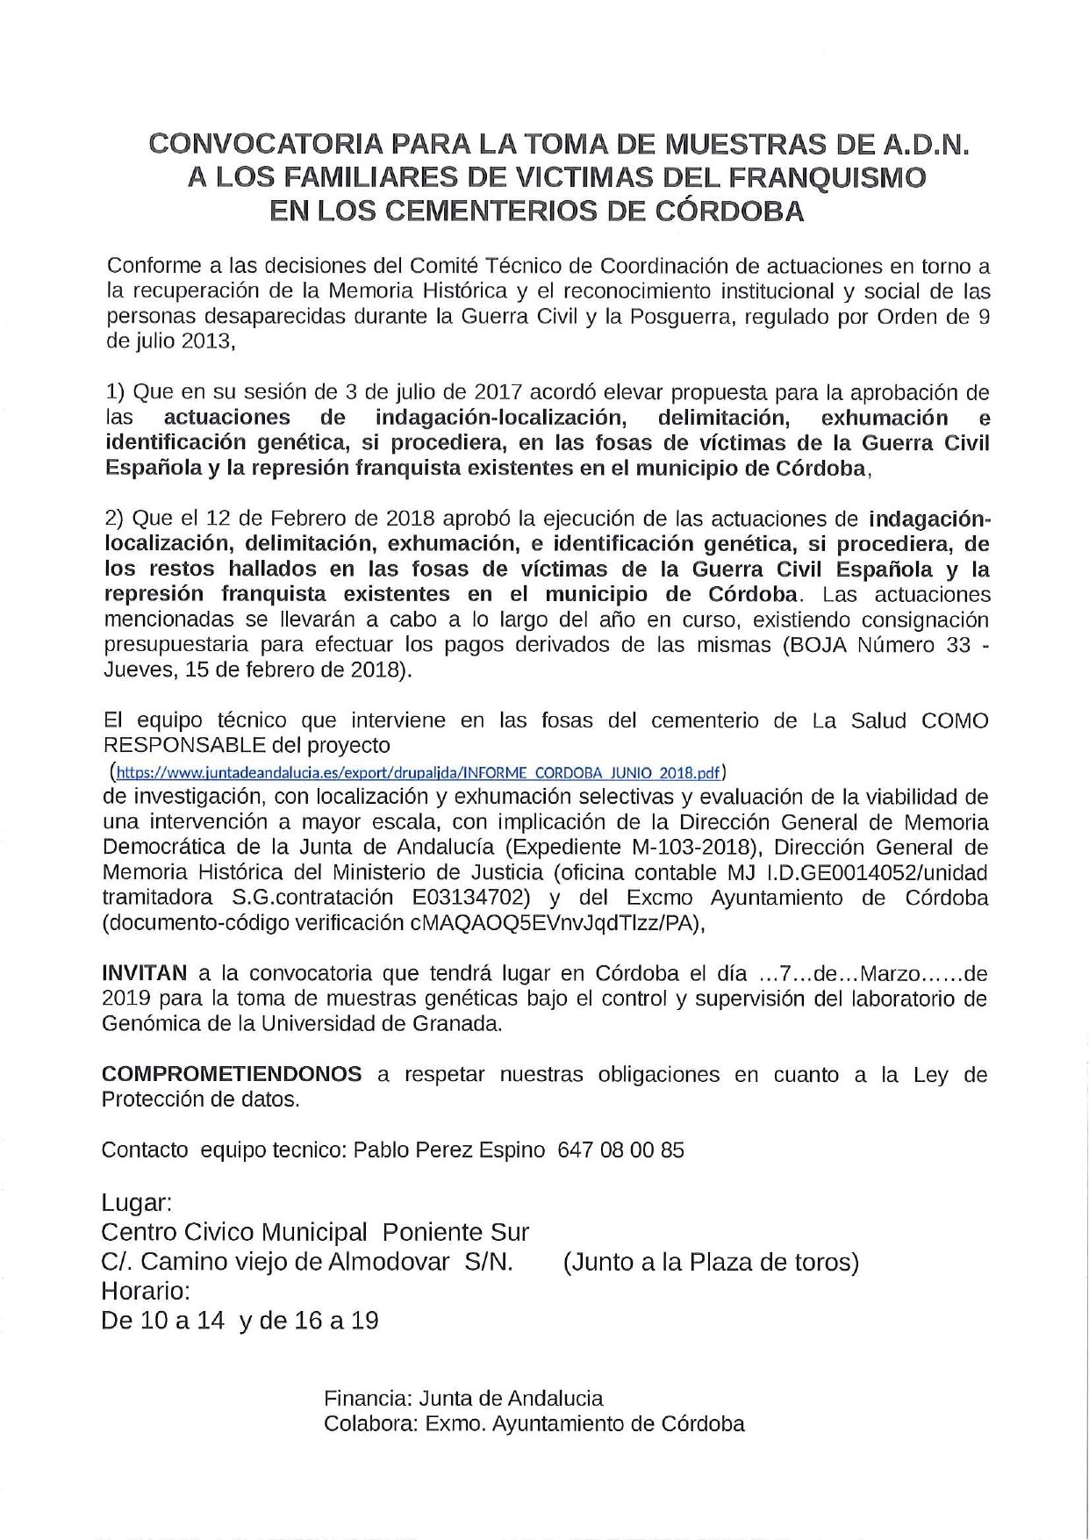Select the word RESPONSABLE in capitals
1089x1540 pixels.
point(184,746)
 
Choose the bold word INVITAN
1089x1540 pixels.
point(145,973)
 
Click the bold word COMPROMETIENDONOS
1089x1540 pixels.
point(232,1074)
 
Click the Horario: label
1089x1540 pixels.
point(146,1291)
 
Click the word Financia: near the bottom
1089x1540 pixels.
point(368,1399)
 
